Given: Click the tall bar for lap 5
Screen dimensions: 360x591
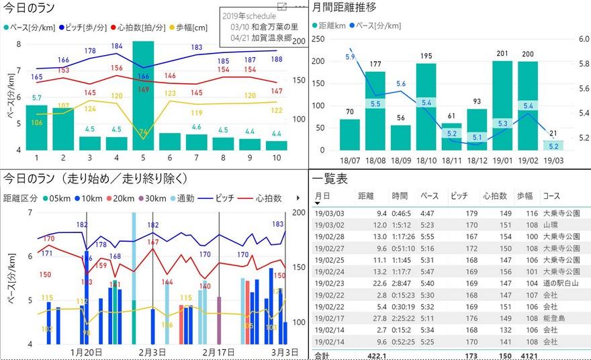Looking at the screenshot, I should point(143,94).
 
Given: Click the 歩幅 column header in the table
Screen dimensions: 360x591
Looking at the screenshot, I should point(523,195).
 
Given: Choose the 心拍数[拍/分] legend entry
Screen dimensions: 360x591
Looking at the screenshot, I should point(140,28).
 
